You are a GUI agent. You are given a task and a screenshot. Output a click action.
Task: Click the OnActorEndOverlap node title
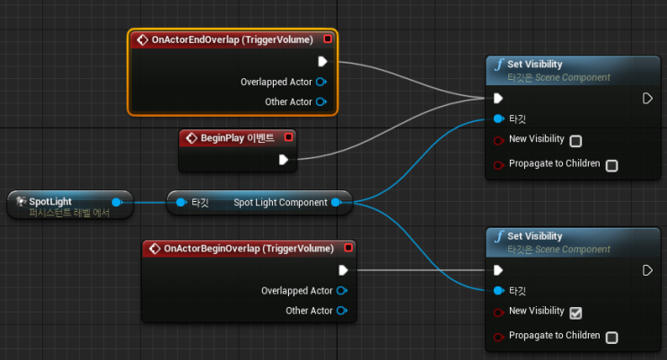click(233, 40)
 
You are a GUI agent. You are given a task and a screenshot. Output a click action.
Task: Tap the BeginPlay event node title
click(237, 138)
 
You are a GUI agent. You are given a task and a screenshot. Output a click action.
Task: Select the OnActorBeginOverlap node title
click(249, 249)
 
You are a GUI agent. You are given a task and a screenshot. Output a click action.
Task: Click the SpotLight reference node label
click(50, 201)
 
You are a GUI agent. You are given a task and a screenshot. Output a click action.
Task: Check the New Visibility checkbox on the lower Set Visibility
click(575, 312)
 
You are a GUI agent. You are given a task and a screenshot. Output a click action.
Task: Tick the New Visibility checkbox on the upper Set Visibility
click(575, 141)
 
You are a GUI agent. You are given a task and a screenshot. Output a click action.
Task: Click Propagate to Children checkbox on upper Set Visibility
click(611, 165)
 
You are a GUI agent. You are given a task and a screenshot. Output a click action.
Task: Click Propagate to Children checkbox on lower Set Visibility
click(611, 338)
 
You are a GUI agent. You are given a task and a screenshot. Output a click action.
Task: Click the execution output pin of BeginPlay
click(284, 160)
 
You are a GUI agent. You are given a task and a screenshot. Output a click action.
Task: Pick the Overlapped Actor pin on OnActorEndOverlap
click(321, 82)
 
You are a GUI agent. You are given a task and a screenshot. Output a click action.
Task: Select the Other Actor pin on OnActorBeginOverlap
click(342, 311)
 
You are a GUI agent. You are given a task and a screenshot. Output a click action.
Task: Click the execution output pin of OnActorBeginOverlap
click(343, 270)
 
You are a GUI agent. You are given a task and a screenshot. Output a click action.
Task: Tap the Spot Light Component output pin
click(337, 202)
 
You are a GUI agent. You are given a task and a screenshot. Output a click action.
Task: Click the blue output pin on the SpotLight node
click(117, 202)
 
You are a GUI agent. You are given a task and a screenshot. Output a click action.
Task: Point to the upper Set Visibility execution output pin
click(647, 98)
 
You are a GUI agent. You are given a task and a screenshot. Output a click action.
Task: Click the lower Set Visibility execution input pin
click(498, 270)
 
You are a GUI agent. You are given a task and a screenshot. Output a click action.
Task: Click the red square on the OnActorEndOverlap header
click(328, 39)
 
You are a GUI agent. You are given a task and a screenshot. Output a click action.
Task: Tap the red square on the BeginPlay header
click(289, 137)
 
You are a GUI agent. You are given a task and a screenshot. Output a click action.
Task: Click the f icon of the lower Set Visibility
click(499, 236)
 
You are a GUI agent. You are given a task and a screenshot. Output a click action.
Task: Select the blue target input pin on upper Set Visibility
click(498, 119)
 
